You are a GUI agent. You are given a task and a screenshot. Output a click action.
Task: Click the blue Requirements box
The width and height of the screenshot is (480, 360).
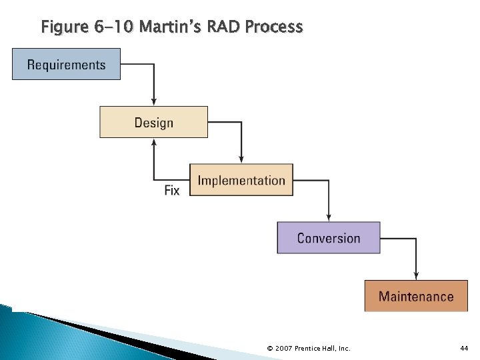pos(66,65)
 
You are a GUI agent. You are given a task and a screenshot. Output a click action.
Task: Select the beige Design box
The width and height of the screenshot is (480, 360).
pos(153,122)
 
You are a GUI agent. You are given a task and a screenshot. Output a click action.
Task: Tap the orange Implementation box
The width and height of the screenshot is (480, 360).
pos(241,180)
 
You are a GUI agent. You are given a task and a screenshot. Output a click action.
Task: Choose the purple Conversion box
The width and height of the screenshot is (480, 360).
pos(329,238)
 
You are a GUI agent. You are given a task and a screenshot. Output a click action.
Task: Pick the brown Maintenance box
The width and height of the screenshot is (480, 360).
pos(416,296)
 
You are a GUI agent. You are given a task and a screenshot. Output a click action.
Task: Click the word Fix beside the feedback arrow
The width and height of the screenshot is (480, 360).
pos(172,191)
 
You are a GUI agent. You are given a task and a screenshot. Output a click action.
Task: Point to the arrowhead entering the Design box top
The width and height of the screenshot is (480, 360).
pos(154,102)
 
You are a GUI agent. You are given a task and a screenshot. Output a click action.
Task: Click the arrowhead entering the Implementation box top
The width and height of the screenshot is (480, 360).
pos(241,160)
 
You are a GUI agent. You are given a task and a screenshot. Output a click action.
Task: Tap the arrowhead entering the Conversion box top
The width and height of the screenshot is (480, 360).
pos(329,218)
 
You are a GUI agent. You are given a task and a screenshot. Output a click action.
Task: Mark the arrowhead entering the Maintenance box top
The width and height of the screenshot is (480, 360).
pos(416,276)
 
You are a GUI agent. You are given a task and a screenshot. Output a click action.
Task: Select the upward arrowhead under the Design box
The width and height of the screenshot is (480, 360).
pos(154,142)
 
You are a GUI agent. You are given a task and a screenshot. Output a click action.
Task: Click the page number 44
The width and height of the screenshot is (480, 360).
pos(465,349)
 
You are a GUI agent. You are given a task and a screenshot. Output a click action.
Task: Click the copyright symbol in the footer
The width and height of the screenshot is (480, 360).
pos(269,349)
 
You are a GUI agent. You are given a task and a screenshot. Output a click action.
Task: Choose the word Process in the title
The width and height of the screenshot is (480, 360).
pos(274,27)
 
